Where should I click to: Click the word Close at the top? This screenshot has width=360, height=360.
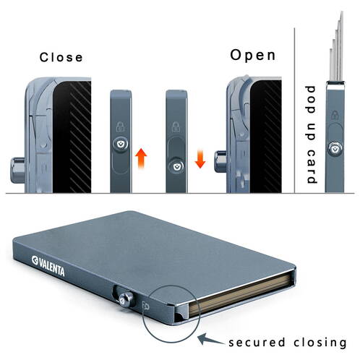[x=61, y=57]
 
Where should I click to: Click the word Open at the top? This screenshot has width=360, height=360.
[x=252, y=55]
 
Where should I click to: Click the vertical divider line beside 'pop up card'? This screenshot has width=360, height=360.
[x=296, y=108]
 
